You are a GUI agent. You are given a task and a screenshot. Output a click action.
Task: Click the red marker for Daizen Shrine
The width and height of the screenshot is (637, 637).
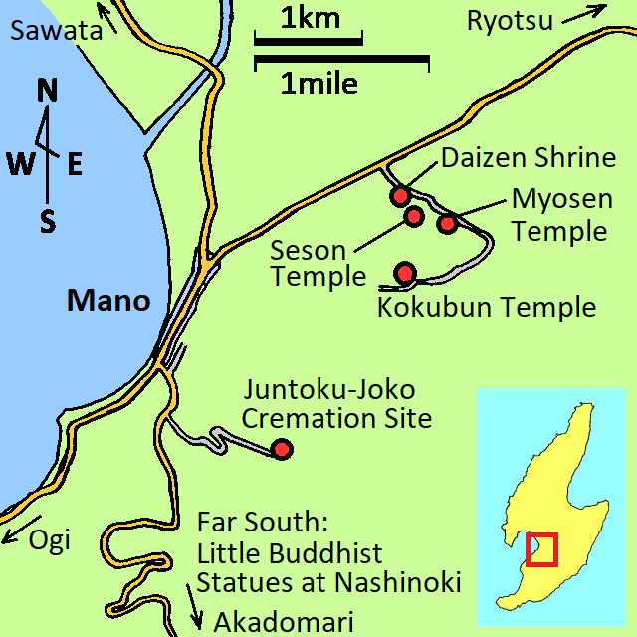pos(399,195)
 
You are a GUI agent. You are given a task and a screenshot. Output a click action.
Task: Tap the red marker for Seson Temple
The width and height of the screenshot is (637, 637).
pos(414,216)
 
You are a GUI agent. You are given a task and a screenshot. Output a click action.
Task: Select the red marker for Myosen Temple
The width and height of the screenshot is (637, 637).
pos(448,223)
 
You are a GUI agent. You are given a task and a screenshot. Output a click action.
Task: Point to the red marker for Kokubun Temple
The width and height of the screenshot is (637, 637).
pos(404,272)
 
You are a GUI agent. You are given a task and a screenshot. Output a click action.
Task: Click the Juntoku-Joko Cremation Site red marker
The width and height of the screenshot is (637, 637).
pos(282,449)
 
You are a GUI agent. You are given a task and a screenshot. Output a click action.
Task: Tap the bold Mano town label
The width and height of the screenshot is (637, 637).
pos(108,300)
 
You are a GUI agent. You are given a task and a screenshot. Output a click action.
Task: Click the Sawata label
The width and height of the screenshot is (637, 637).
pos(56,31)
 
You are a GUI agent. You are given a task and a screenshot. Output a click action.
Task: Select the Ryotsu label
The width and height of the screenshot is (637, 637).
pos(511,20)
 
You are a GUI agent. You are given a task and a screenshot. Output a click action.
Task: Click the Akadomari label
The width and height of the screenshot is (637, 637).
pos(283,622)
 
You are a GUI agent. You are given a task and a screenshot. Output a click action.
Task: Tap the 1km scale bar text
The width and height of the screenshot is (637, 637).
pos(310,17)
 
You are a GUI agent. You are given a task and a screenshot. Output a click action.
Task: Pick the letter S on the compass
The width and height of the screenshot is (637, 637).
pos(47,221)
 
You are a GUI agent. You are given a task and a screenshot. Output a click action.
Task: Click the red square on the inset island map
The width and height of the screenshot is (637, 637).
pos(541,549)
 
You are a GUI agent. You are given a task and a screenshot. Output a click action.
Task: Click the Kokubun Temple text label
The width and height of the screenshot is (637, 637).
pos(487,306)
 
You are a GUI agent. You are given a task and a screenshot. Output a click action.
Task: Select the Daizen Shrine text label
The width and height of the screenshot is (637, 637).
pos(529,157)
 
